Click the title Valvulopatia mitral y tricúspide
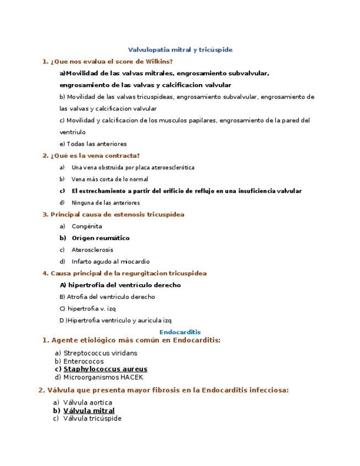[x=180, y=49]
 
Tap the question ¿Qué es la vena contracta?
[x=95, y=156]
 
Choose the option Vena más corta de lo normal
[x=109, y=179]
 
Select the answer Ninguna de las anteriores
[x=106, y=203]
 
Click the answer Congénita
[x=87, y=226]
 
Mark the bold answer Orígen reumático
[x=101, y=238]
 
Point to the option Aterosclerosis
[x=92, y=250]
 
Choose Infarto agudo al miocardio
[x=110, y=262]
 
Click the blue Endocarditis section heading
[x=180, y=332]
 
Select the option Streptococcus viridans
[x=100, y=353]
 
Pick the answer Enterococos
[x=83, y=361]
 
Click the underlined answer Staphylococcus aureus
[x=105, y=369]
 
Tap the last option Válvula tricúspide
[x=92, y=418]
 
